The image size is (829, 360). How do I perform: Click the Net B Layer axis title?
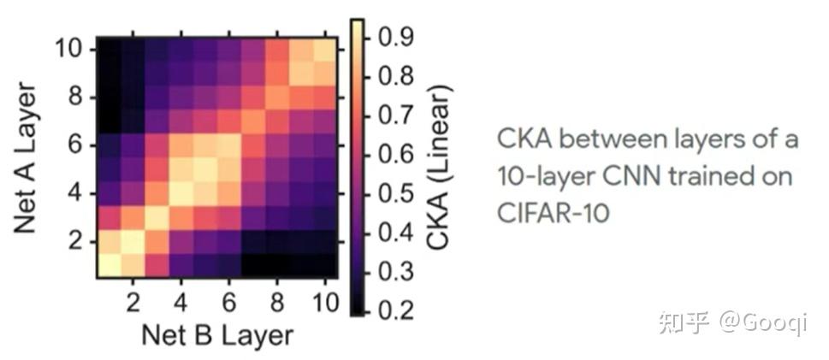pyautogui.click(x=217, y=334)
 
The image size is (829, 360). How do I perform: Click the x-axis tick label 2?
pyautogui.click(x=133, y=304)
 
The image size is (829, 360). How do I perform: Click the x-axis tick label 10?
pyautogui.click(x=323, y=304)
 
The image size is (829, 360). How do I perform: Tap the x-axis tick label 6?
pyautogui.click(x=228, y=304)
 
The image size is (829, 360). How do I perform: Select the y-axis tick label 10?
pyautogui.click(x=70, y=50)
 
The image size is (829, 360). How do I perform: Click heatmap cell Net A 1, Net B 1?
pyautogui.click(x=109, y=265)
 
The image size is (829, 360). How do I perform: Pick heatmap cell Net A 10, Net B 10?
pyautogui.click(x=324, y=50)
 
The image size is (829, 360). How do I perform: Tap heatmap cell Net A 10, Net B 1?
pyautogui.click(x=109, y=50)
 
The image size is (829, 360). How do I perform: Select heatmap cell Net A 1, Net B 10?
pyautogui.click(x=324, y=265)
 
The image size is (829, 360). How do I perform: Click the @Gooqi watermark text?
pyautogui.click(x=761, y=322)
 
